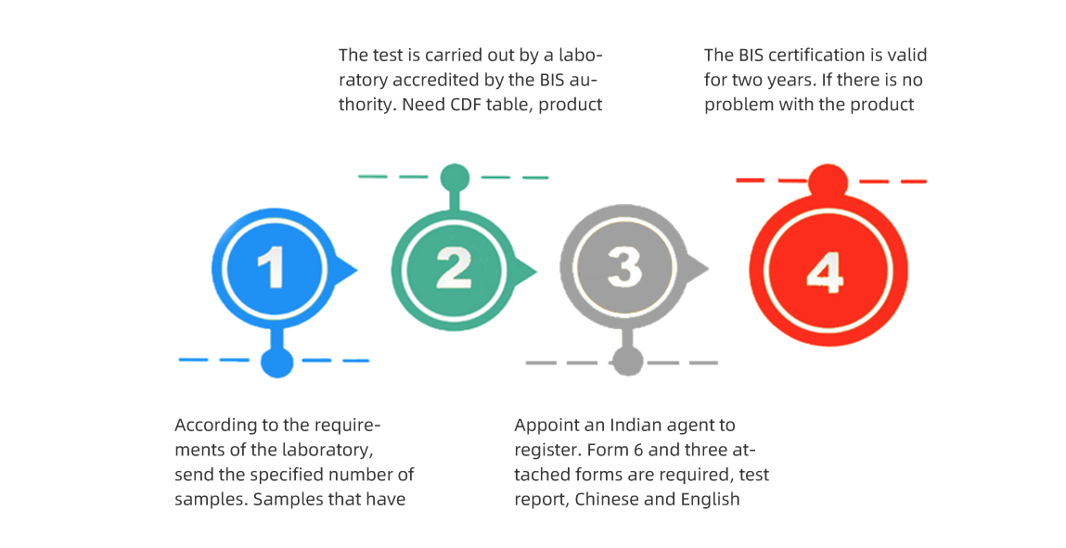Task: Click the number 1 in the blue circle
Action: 273,268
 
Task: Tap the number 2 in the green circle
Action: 454,268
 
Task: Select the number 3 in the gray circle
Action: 624,266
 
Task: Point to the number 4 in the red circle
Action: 826,273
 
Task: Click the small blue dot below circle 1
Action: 276,362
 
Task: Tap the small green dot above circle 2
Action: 455,179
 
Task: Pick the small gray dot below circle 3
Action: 627,362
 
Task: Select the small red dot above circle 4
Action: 828,183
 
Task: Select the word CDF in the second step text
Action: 466,105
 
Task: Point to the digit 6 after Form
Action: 637,451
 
